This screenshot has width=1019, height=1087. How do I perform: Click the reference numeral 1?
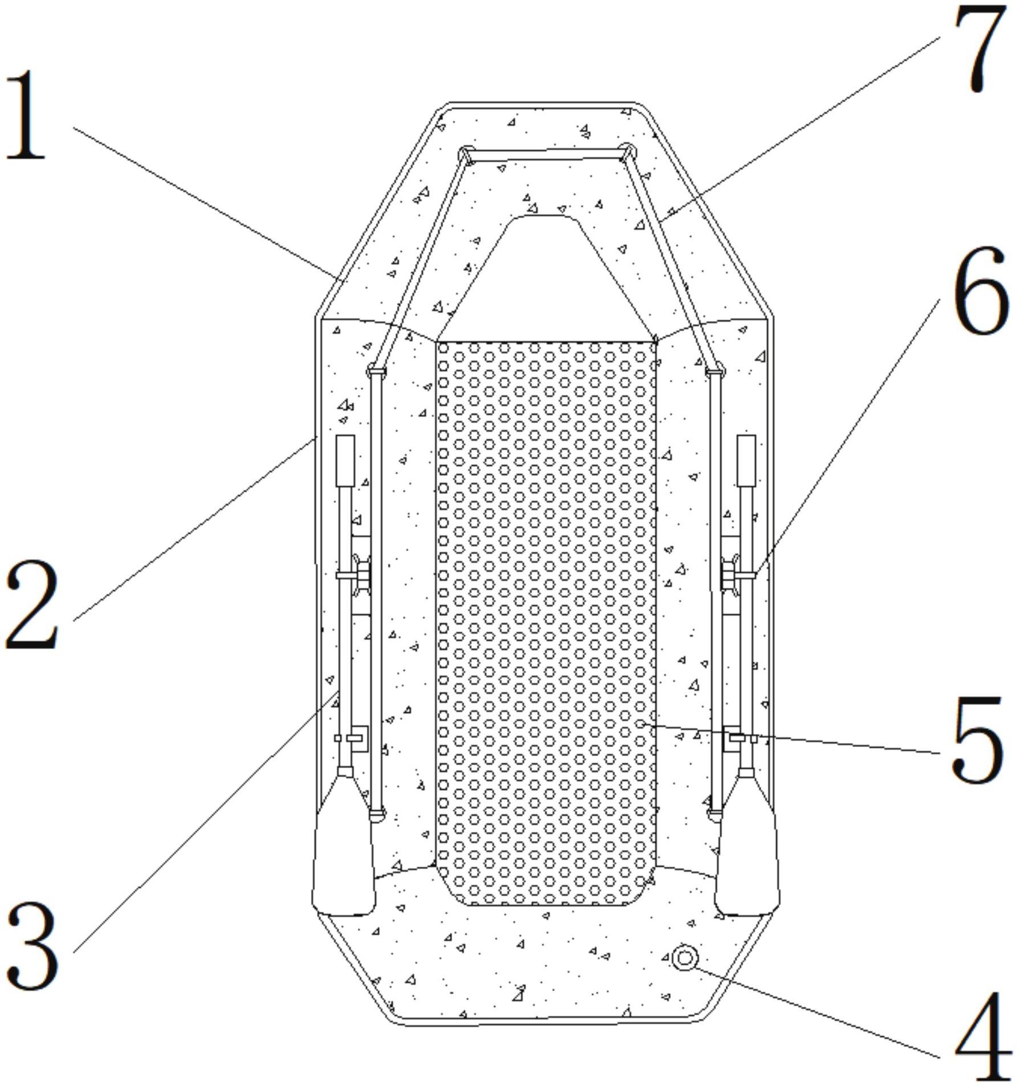26,116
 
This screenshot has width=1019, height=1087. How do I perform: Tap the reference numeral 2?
32,605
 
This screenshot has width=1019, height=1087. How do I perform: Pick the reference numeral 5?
976,740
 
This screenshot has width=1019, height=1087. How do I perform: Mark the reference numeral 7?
980,48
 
